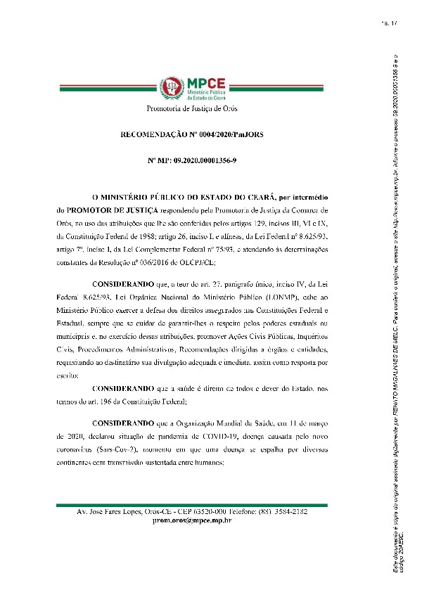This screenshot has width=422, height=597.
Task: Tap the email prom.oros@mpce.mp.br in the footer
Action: [192, 520]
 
